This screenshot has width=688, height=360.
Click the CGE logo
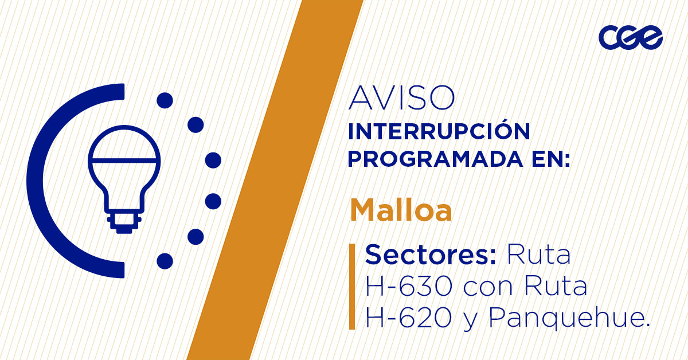point(630,38)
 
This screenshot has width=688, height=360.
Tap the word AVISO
point(401,99)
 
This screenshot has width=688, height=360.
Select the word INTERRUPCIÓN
point(439,131)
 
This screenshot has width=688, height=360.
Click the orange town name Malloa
point(401,210)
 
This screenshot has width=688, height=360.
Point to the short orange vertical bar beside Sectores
point(352,286)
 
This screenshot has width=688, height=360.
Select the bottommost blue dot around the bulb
point(165,261)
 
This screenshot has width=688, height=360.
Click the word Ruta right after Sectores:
point(539,255)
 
